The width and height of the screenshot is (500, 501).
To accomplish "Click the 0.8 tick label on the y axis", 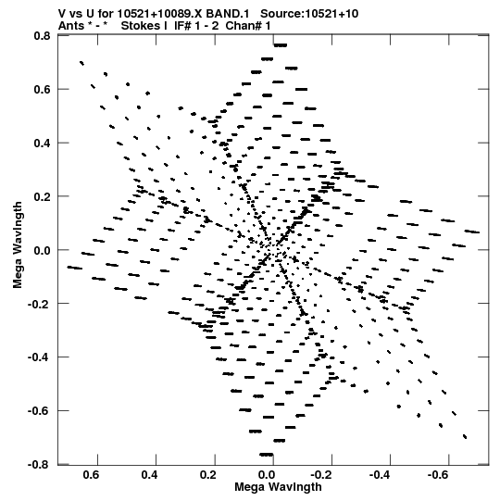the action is [42, 36].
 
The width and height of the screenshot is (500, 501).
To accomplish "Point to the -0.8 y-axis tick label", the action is [39, 464].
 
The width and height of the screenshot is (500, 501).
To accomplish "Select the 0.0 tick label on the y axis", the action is [42, 250].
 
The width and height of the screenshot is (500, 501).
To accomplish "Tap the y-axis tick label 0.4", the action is [42, 143].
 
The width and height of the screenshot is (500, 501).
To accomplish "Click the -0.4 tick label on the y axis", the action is [39, 357].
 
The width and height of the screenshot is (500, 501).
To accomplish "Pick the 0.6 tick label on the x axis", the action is [91, 475].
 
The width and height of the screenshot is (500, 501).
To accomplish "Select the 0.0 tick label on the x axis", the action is [267, 475].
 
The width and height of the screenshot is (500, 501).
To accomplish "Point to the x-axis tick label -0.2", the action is [320, 475].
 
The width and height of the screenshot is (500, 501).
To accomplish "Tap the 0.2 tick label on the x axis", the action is [208, 475].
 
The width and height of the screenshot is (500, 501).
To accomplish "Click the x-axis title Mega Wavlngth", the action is [278, 487].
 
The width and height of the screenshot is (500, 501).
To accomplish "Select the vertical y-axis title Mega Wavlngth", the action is [18, 245].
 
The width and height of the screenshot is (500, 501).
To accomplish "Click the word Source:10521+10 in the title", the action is [309, 14].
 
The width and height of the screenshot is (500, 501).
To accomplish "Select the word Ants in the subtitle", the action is [71, 26].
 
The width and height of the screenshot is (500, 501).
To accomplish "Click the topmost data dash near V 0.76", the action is [281, 45].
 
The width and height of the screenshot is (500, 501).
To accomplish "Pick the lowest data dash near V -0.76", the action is [267, 455].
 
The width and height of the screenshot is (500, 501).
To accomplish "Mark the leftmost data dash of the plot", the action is [74, 268].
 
